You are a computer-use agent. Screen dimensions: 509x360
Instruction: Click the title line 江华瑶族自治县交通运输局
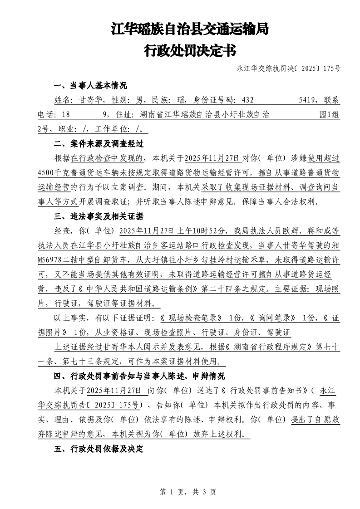coord(190,30)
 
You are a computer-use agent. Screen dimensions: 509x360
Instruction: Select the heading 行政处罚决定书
coord(190,50)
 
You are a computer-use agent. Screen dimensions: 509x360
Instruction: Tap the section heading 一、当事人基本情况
coord(90,86)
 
